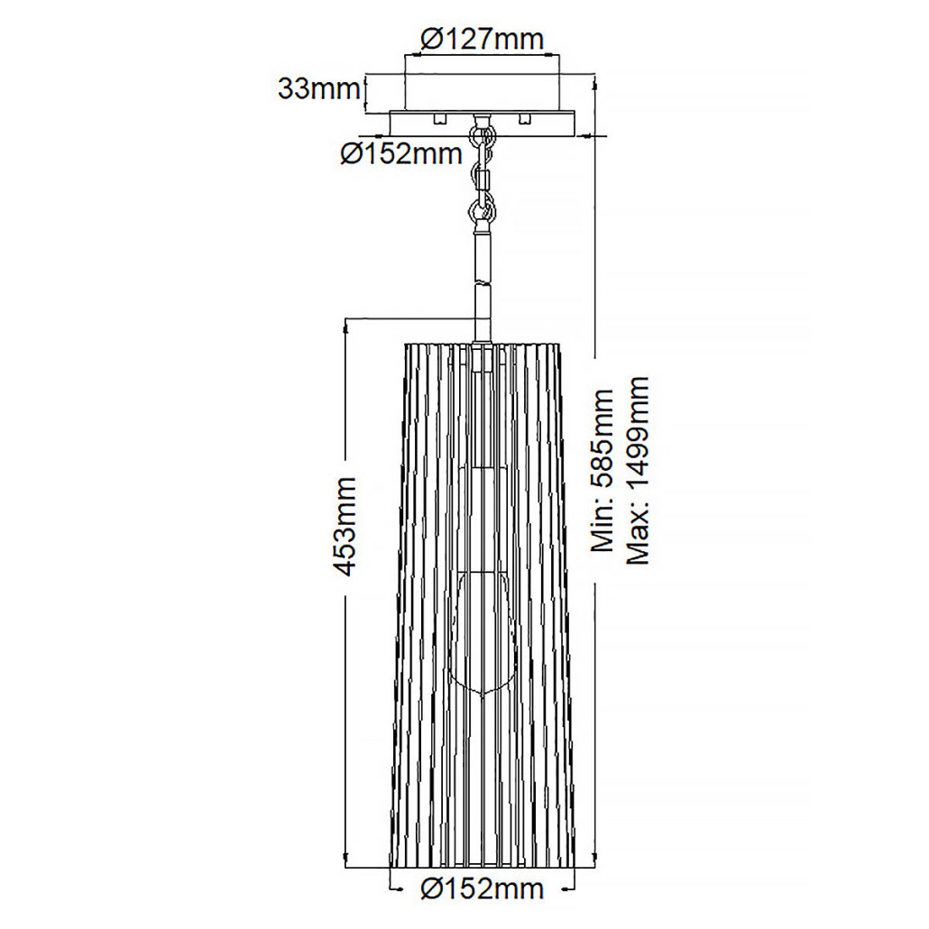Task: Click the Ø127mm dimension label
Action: tap(482, 39)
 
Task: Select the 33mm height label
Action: tap(318, 89)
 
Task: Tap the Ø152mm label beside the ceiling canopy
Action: tap(401, 154)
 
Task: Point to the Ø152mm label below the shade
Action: tap(483, 888)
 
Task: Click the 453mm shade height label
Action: tap(345, 526)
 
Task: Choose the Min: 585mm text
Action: tap(603, 471)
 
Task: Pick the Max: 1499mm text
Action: tap(638, 471)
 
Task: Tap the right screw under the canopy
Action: tap(524, 118)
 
